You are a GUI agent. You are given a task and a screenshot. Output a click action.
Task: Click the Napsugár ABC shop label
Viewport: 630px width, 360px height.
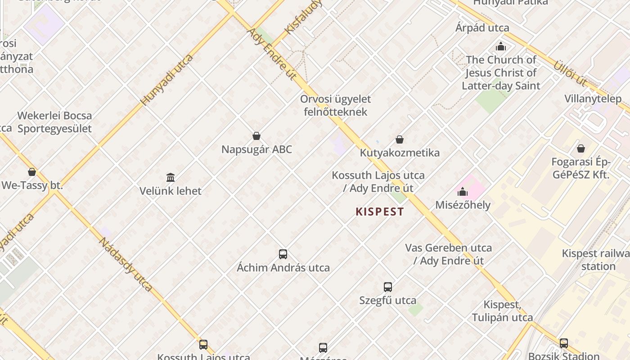pyautogui.click(x=256, y=149)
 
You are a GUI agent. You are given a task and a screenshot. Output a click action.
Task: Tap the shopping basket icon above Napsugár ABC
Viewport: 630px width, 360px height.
pyautogui.click(x=256, y=136)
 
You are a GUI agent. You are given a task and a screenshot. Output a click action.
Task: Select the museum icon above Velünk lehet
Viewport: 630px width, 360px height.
pyautogui.click(x=171, y=177)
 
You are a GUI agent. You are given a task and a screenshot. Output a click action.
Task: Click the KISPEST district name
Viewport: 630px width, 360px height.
pyautogui.click(x=380, y=211)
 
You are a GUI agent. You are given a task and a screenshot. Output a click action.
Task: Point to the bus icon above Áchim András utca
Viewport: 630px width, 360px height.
pyautogui.click(x=283, y=254)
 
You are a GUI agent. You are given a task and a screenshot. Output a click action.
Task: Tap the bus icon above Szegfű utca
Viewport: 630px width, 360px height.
pyautogui.click(x=388, y=287)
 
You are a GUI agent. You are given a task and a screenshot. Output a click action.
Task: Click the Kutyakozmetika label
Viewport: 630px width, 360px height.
pyautogui.click(x=400, y=153)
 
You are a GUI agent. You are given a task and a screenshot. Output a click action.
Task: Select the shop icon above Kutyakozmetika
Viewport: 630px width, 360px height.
pyautogui.click(x=400, y=140)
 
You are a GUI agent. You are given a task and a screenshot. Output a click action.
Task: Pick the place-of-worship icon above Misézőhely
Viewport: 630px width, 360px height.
pyautogui.click(x=463, y=192)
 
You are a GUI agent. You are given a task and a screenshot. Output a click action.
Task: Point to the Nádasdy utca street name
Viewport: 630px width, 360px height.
pyautogui.click(x=126, y=264)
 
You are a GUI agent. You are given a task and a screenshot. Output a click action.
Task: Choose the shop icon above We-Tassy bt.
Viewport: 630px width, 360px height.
pyautogui.click(x=32, y=172)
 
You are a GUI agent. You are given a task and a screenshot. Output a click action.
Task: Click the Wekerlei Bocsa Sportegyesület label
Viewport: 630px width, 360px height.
pyautogui.click(x=54, y=122)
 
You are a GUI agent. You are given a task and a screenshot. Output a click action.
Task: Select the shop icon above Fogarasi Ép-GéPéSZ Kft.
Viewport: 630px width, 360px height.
pyautogui.click(x=581, y=148)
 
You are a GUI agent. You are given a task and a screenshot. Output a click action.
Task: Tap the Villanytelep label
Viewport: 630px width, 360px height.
pyautogui.click(x=593, y=99)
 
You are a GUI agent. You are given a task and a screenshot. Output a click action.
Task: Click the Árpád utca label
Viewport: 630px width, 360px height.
pyautogui.click(x=482, y=28)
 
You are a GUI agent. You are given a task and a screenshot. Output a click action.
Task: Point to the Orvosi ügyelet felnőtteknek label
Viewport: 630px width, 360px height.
pyautogui.click(x=336, y=105)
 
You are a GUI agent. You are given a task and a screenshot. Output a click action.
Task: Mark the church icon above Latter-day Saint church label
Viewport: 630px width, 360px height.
pyautogui.click(x=501, y=46)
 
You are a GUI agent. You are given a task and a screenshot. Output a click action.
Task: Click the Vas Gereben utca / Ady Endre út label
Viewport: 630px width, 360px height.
pyautogui.click(x=449, y=254)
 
